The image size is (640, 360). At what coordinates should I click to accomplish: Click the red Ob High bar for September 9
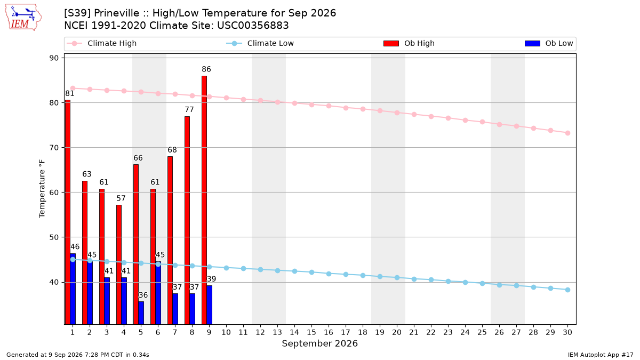click(204, 200)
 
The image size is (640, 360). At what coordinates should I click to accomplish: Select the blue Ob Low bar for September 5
click(141, 313)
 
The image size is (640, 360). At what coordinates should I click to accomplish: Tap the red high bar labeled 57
click(119, 265)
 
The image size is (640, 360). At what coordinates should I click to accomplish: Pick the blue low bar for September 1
click(73, 289)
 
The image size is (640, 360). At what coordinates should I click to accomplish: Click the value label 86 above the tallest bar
click(206, 69)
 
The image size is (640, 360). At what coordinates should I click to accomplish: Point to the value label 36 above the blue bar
click(143, 295)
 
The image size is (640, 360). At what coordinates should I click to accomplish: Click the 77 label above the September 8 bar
click(189, 109)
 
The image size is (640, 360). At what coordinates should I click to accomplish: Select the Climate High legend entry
click(102, 43)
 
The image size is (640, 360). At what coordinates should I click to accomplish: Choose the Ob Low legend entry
click(549, 43)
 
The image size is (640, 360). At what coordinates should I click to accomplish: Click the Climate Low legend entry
click(260, 43)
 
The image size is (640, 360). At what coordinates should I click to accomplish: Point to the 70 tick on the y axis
click(54, 148)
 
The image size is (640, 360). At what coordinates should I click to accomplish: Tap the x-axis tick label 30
click(567, 332)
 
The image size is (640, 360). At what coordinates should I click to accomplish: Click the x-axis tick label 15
click(311, 332)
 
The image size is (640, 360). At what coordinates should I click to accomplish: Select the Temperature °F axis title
click(42, 189)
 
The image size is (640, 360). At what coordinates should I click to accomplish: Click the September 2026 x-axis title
click(319, 343)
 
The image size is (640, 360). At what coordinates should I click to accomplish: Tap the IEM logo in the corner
click(23, 18)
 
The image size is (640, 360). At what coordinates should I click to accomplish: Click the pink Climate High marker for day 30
click(567, 133)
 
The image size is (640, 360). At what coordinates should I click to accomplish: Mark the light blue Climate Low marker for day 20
click(397, 278)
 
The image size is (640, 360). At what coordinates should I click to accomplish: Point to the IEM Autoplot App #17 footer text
click(601, 355)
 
